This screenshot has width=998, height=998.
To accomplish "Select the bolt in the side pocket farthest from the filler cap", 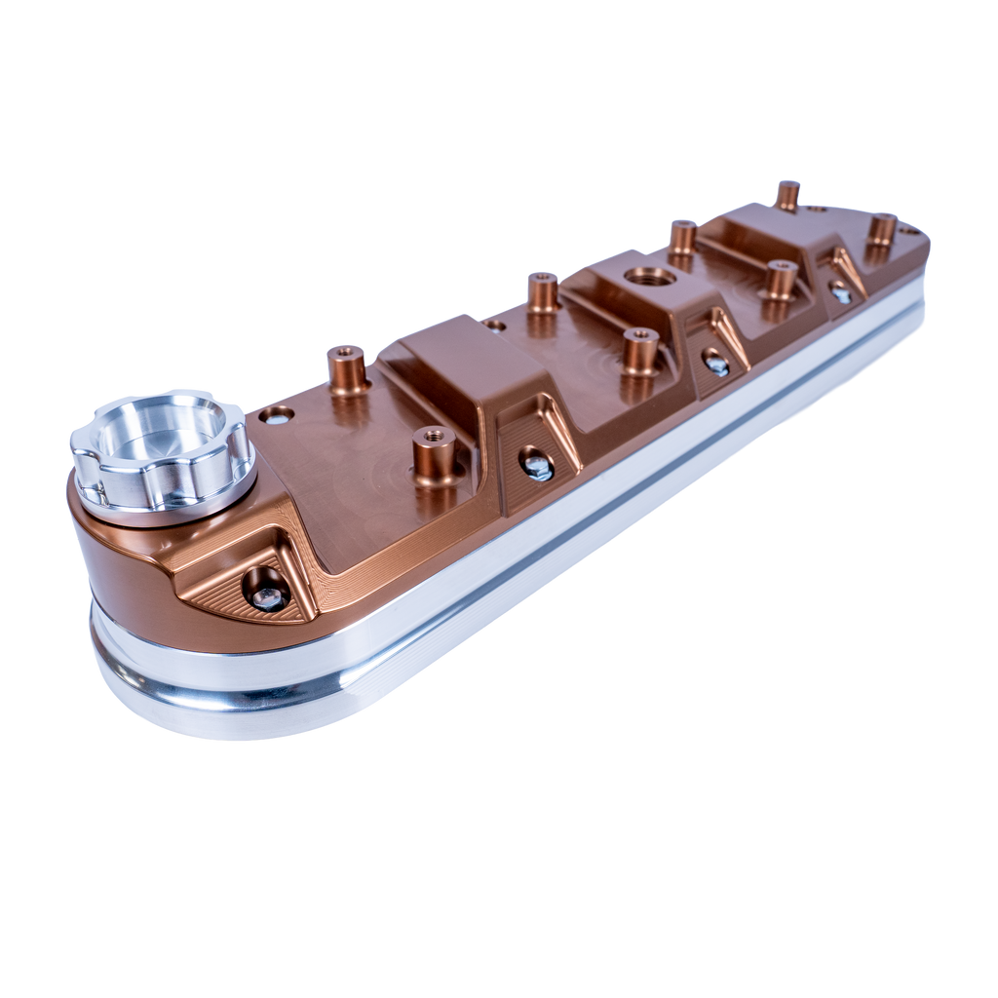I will (840, 288).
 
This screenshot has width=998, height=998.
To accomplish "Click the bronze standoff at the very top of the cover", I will (787, 193).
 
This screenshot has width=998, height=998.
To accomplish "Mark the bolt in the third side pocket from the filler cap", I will (718, 363).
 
